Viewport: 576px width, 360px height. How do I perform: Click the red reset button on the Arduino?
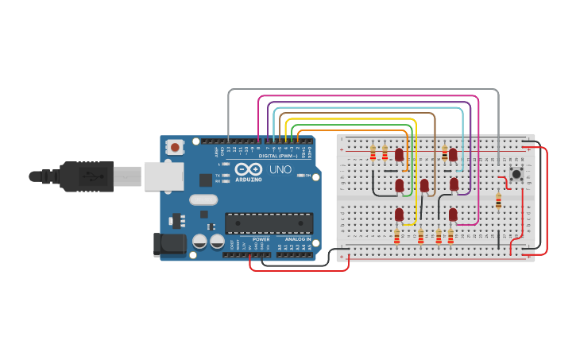click(x=175, y=147)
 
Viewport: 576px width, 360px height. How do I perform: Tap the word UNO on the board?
click(x=280, y=170)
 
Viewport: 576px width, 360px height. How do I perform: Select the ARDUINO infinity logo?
click(x=247, y=169)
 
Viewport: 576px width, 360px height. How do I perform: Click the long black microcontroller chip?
click(x=269, y=223)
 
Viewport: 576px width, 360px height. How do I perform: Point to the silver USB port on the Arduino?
click(x=164, y=176)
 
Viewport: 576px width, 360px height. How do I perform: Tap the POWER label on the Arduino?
click(x=261, y=239)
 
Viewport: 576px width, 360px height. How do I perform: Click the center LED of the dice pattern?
click(x=424, y=185)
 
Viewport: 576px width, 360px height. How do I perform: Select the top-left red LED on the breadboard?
click(x=400, y=154)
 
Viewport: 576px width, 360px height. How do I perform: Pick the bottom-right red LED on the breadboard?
click(x=453, y=214)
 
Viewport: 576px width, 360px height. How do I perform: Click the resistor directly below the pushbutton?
click(x=498, y=201)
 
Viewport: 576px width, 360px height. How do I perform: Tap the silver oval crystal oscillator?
click(x=203, y=200)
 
